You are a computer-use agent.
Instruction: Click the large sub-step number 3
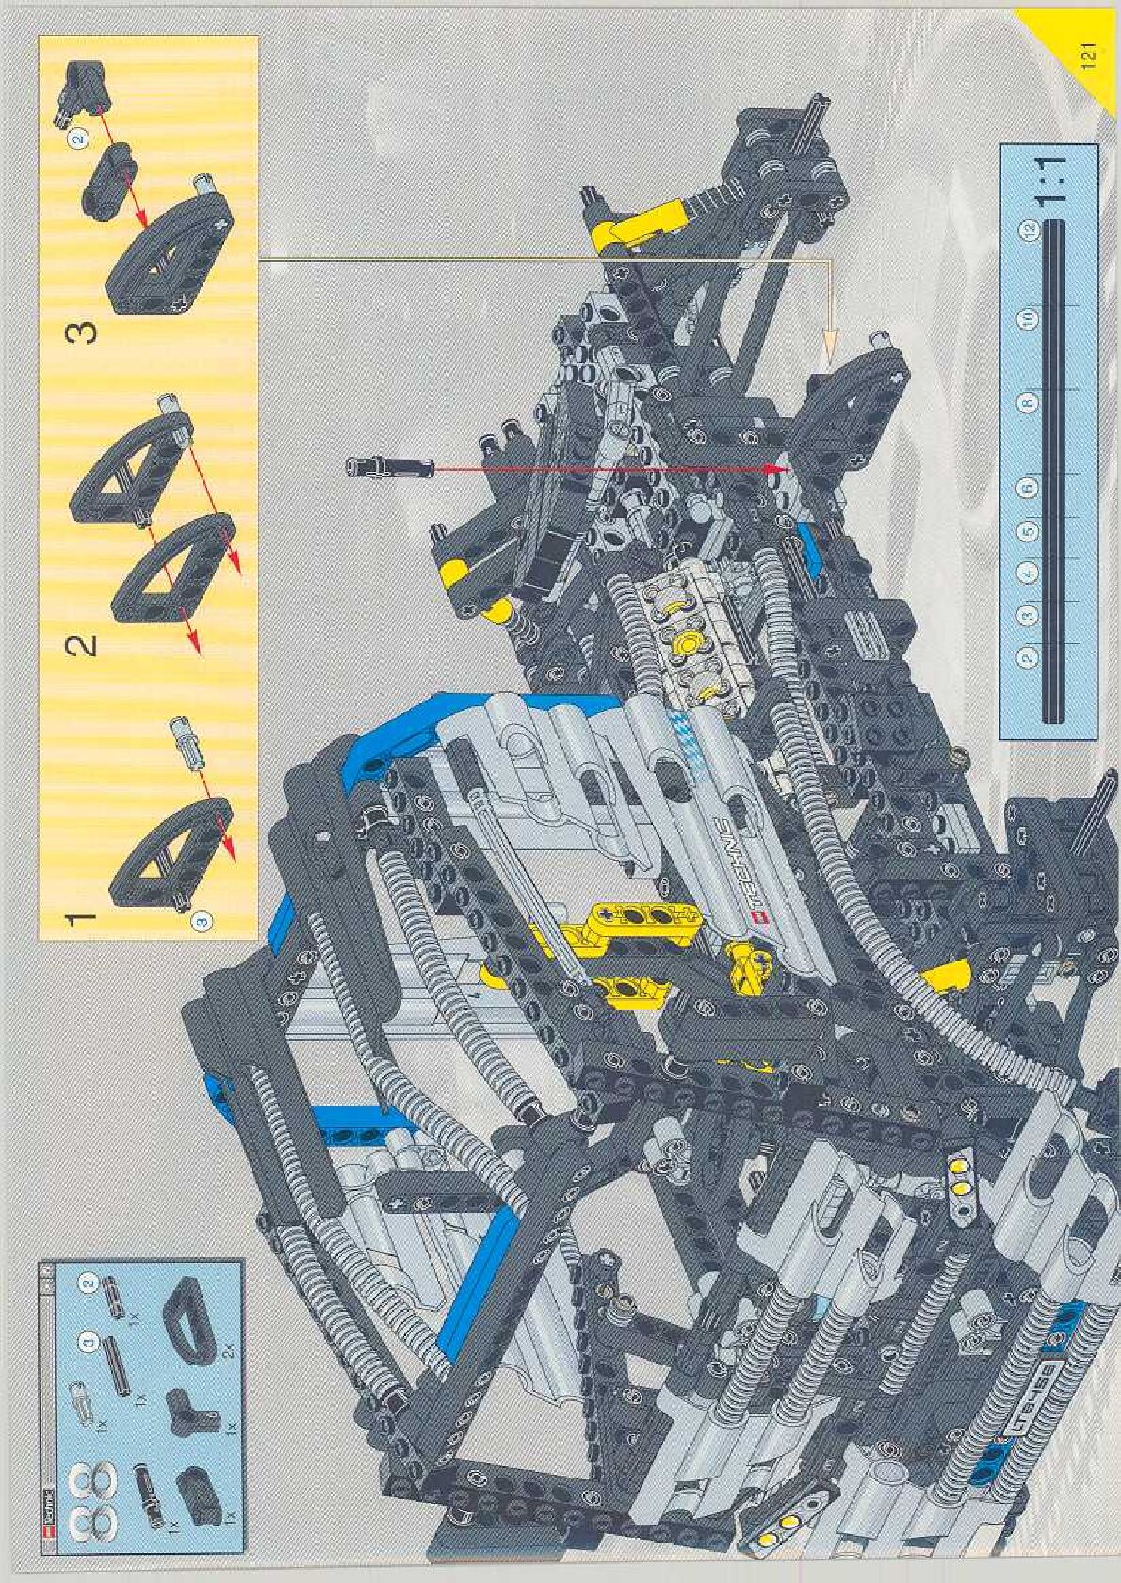tap(85, 332)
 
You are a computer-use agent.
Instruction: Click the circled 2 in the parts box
tap(88, 1285)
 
